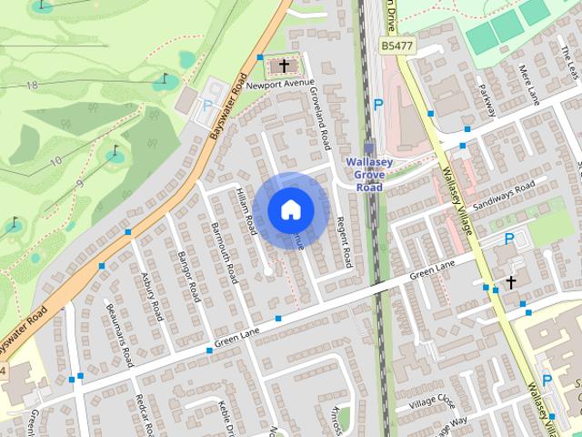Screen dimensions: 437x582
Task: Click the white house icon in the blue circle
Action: (290, 209)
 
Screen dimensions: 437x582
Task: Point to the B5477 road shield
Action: (397, 45)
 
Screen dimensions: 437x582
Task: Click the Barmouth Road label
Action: (224, 251)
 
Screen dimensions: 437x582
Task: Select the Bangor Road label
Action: (188, 277)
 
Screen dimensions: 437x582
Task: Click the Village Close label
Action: (431, 401)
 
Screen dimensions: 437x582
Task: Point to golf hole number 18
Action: (35, 84)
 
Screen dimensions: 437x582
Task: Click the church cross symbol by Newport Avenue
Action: (285, 66)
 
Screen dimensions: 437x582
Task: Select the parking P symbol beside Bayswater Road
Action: (207, 106)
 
